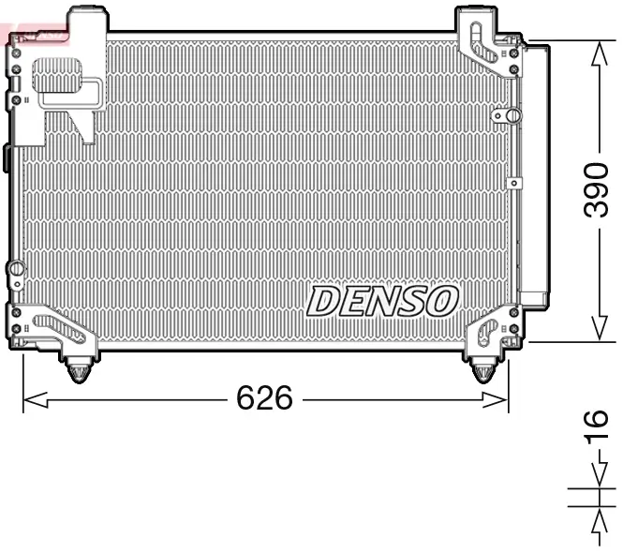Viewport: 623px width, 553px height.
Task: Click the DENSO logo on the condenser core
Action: pos(382,301)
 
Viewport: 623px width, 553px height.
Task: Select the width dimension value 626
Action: pos(264,399)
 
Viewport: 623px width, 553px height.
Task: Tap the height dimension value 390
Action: pos(595,190)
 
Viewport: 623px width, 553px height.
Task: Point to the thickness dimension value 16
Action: pos(595,427)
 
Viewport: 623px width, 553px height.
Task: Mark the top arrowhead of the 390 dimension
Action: pos(596,52)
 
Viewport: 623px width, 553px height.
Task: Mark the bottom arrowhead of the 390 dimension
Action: pos(596,330)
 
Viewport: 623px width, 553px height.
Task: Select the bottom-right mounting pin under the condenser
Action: pos(482,369)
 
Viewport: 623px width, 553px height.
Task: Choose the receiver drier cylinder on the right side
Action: pos(535,173)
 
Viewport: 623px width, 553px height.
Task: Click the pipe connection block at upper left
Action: pos(66,84)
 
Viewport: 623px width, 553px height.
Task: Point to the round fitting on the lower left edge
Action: pos(15,272)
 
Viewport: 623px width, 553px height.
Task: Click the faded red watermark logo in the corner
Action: pos(36,35)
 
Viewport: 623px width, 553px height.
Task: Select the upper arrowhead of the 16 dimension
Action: pos(596,481)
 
